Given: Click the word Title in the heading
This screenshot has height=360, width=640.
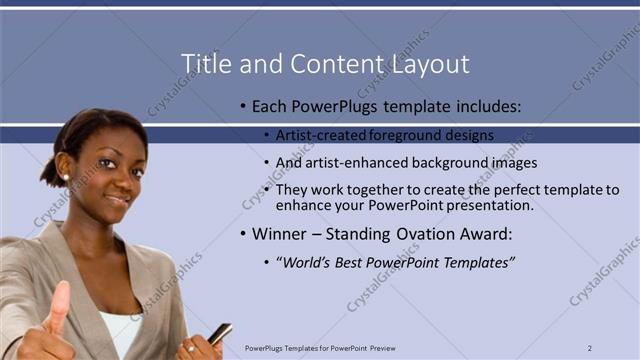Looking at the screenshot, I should pos(204,65).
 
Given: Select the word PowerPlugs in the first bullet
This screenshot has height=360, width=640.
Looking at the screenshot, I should pos(326,105).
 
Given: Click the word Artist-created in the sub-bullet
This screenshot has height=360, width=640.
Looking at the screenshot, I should pos(318,135).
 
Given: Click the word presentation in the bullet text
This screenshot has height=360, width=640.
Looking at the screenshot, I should pos(487,205).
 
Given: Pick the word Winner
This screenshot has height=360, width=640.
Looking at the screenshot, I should pos(281,235).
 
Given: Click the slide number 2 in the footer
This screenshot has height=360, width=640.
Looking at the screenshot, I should pos(591,348).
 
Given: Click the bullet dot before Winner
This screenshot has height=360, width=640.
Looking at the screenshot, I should pos(242,236).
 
